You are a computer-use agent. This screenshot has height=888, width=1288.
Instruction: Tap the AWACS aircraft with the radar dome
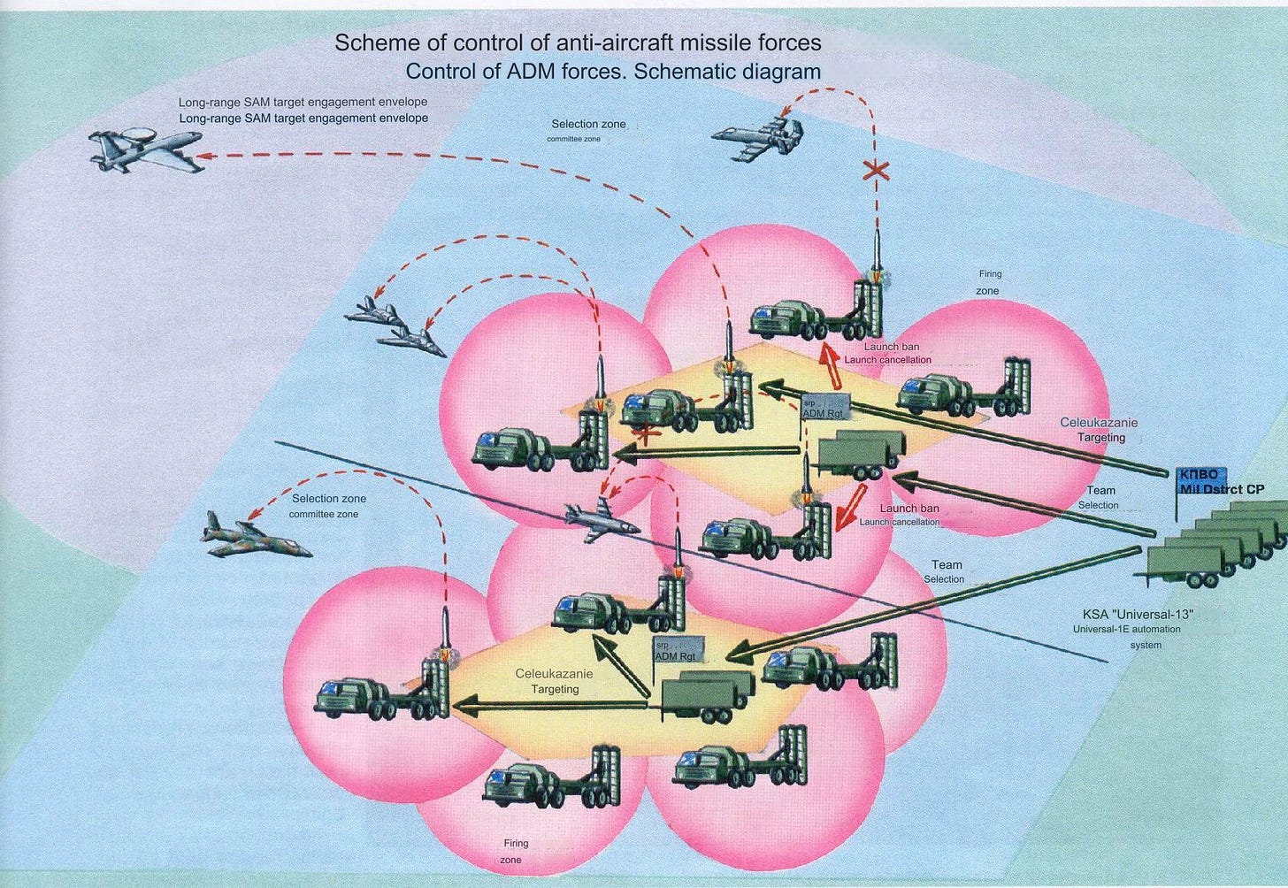click(x=145, y=148)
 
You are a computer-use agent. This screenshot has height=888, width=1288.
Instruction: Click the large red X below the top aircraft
click(x=875, y=172)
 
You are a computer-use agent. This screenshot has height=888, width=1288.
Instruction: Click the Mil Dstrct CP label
click(x=1221, y=489)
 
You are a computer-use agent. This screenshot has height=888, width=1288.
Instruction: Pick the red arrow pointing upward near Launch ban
click(x=828, y=360)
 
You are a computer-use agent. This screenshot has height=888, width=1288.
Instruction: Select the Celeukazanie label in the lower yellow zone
click(x=554, y=674)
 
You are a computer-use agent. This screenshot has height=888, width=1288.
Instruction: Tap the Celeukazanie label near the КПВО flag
click(x=1099, y=423)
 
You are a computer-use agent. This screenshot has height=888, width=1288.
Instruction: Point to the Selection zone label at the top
click(x=588, y=125)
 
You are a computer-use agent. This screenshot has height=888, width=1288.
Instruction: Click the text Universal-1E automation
click(x=1126, y=630)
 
